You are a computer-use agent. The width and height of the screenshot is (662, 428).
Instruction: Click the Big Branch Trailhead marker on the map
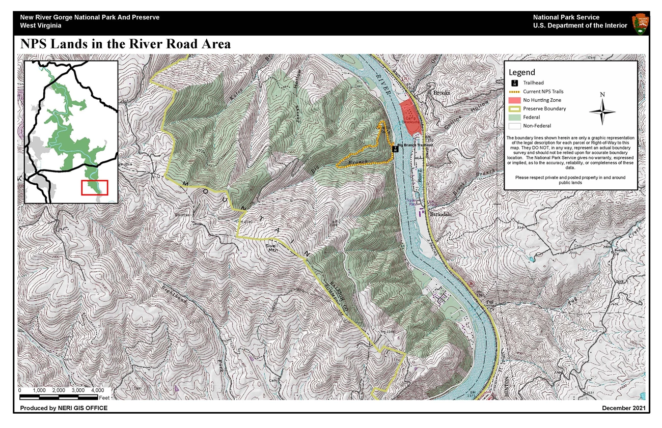[x=395, y=149]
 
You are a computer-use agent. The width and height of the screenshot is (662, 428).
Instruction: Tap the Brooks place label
[x=442, y=94]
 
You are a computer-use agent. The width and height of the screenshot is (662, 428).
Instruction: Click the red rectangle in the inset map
[x=95, y=187]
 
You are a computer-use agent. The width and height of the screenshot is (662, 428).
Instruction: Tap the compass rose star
[x=602, y=111]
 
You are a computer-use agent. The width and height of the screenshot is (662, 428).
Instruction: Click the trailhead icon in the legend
[x=514, y=83]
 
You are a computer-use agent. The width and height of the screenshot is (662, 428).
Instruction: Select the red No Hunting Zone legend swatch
[x=514, y=100]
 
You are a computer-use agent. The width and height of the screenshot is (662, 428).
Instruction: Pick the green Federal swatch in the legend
[x=514, y=117]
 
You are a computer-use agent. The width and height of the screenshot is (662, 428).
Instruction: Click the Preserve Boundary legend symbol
[x=514, y=108]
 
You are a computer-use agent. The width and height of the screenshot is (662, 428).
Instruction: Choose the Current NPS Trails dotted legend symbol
[x=514, y=92]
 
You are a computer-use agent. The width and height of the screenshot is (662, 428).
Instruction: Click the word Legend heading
[x=522, y=72]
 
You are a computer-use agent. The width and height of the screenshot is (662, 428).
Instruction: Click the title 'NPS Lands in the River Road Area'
[x=125, y=44]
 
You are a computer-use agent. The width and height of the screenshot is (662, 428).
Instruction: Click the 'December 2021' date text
[x=624, y=408]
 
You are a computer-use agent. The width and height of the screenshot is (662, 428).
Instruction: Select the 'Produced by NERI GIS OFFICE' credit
[x=64, y=408]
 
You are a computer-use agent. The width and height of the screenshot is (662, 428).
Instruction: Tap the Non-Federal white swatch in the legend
[x=514, y=126]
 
